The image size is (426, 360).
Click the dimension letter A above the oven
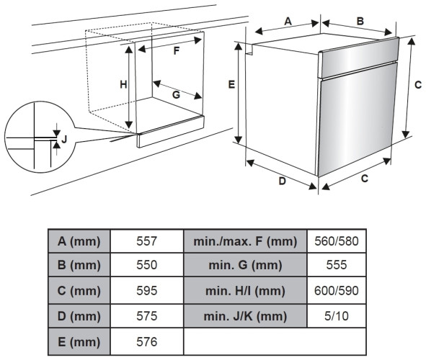point(288,21)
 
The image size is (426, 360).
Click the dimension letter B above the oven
point(360,21)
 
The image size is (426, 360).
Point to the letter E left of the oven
point(231,85)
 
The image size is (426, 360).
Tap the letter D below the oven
point(283,181)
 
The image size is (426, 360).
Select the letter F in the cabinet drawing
point(177,50)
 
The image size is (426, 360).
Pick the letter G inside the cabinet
point(177,94)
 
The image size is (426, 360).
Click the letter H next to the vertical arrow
point(123,85)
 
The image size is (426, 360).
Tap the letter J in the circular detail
point(64,140)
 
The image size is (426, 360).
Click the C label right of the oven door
point(418,85)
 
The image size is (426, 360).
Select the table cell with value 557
point(147,241)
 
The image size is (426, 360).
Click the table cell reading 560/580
point(337,241)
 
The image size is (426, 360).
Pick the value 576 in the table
point(147,342)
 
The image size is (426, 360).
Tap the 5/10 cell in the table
point(337,316)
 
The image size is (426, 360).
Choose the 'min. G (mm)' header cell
point(245,265)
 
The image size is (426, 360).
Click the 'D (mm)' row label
point(79,316)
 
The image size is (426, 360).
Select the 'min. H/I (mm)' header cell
point(245,291)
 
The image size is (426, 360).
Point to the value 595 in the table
point(147,291)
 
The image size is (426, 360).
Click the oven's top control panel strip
point(359,58)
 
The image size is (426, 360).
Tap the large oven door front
point(357,119)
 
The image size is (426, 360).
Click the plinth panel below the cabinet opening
point(171,132)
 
